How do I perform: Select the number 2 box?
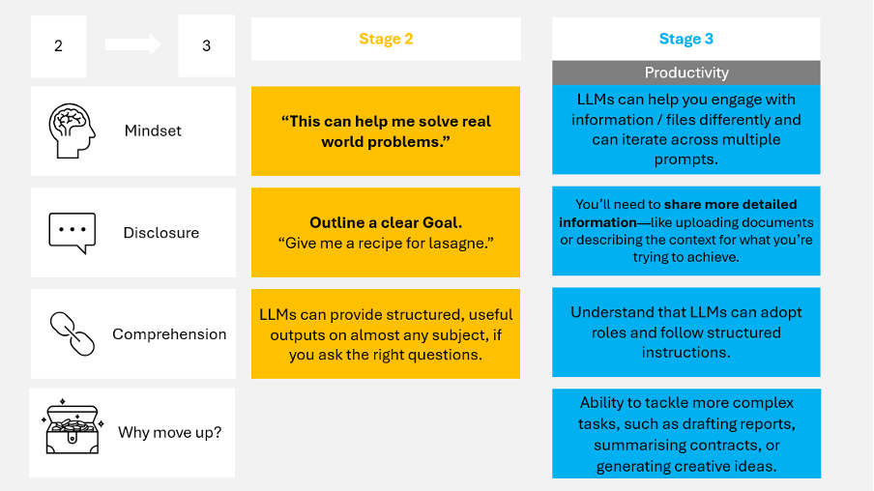click(x=58, y=46)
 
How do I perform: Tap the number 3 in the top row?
click(x=206, y=46)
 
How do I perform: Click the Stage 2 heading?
click(x=386, y=39)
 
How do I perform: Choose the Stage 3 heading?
click(x=685, y=39)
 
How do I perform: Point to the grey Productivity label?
click(x=685, y=72)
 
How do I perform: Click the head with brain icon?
click(x=72, y=130)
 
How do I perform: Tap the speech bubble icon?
click(x=72, y=232)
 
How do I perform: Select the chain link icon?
click(x=72, y=333)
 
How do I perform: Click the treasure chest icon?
click(x=72, y=431)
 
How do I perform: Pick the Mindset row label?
click(x=153, y=130)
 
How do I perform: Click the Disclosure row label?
click(x=160, y=233)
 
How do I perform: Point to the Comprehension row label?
click(x=169, y=334)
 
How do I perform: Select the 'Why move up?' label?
click(x=169, y=432)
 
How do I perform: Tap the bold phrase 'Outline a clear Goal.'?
click(x=386, y=222)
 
